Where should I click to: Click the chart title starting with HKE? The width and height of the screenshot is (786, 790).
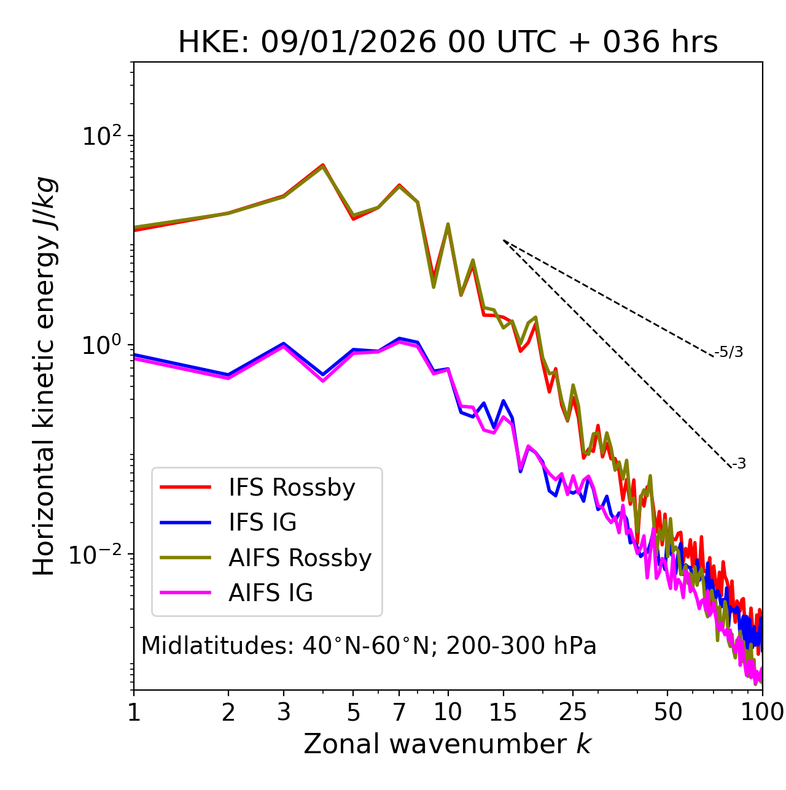[448, 42]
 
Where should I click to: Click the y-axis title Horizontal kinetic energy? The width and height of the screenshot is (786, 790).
[45, 376]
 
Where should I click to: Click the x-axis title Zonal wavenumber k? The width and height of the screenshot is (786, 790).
[448, 743]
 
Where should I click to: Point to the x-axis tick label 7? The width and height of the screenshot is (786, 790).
[399, 711]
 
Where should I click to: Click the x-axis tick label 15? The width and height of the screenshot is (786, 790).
[503, 711]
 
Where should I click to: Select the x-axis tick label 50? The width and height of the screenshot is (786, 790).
[667, 711]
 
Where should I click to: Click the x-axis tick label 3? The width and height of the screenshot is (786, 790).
[283, 711]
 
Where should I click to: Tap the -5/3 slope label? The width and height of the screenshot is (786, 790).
[729, 352]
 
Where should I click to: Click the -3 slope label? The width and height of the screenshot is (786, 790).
[739, 464]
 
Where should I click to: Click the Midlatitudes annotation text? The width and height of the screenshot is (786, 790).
[368, 646]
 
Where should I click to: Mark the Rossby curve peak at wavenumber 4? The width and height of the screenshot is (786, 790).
[322, 165]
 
